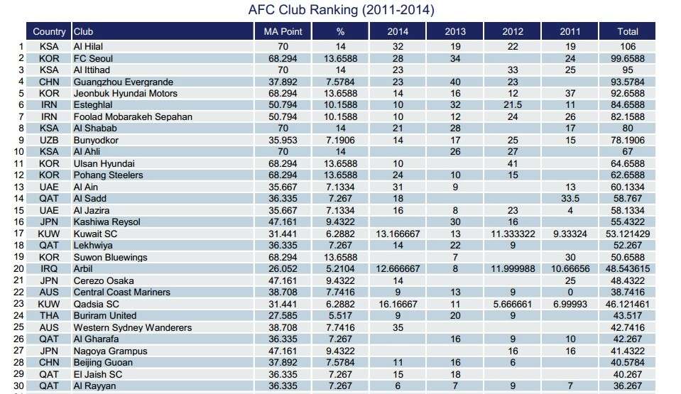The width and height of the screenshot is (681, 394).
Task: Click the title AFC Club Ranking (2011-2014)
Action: pos(342,11)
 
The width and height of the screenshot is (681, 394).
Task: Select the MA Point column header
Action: pos(283,31)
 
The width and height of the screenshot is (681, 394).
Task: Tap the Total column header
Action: pos(628,31)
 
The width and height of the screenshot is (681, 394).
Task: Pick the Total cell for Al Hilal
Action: pos(628,46)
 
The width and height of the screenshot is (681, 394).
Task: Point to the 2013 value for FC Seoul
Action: pos(455,58)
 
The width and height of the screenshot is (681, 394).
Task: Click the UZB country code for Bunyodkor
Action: pos(49,140)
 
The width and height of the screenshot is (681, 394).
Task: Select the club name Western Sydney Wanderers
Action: pos(133,327)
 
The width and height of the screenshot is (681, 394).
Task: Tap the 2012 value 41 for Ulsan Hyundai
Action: pos(513,163)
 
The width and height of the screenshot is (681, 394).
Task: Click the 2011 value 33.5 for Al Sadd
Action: pos(570,199)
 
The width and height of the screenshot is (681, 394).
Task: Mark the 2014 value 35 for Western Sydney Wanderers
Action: pos(398,327)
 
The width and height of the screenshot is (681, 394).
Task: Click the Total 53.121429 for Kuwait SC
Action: pos(628,234)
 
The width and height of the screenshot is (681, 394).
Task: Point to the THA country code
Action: pos(49,316)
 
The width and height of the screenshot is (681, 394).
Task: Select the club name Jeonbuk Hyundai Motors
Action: pos(126,93)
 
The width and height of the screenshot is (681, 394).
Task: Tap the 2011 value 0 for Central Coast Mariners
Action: pos(570,292)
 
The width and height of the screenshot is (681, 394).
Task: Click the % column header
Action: pos(340,31)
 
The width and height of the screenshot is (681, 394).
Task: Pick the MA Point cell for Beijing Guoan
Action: pos(283,363)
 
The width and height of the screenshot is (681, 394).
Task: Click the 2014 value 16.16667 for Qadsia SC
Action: pos(398,304)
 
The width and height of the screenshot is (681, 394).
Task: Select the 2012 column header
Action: pos(513,31)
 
